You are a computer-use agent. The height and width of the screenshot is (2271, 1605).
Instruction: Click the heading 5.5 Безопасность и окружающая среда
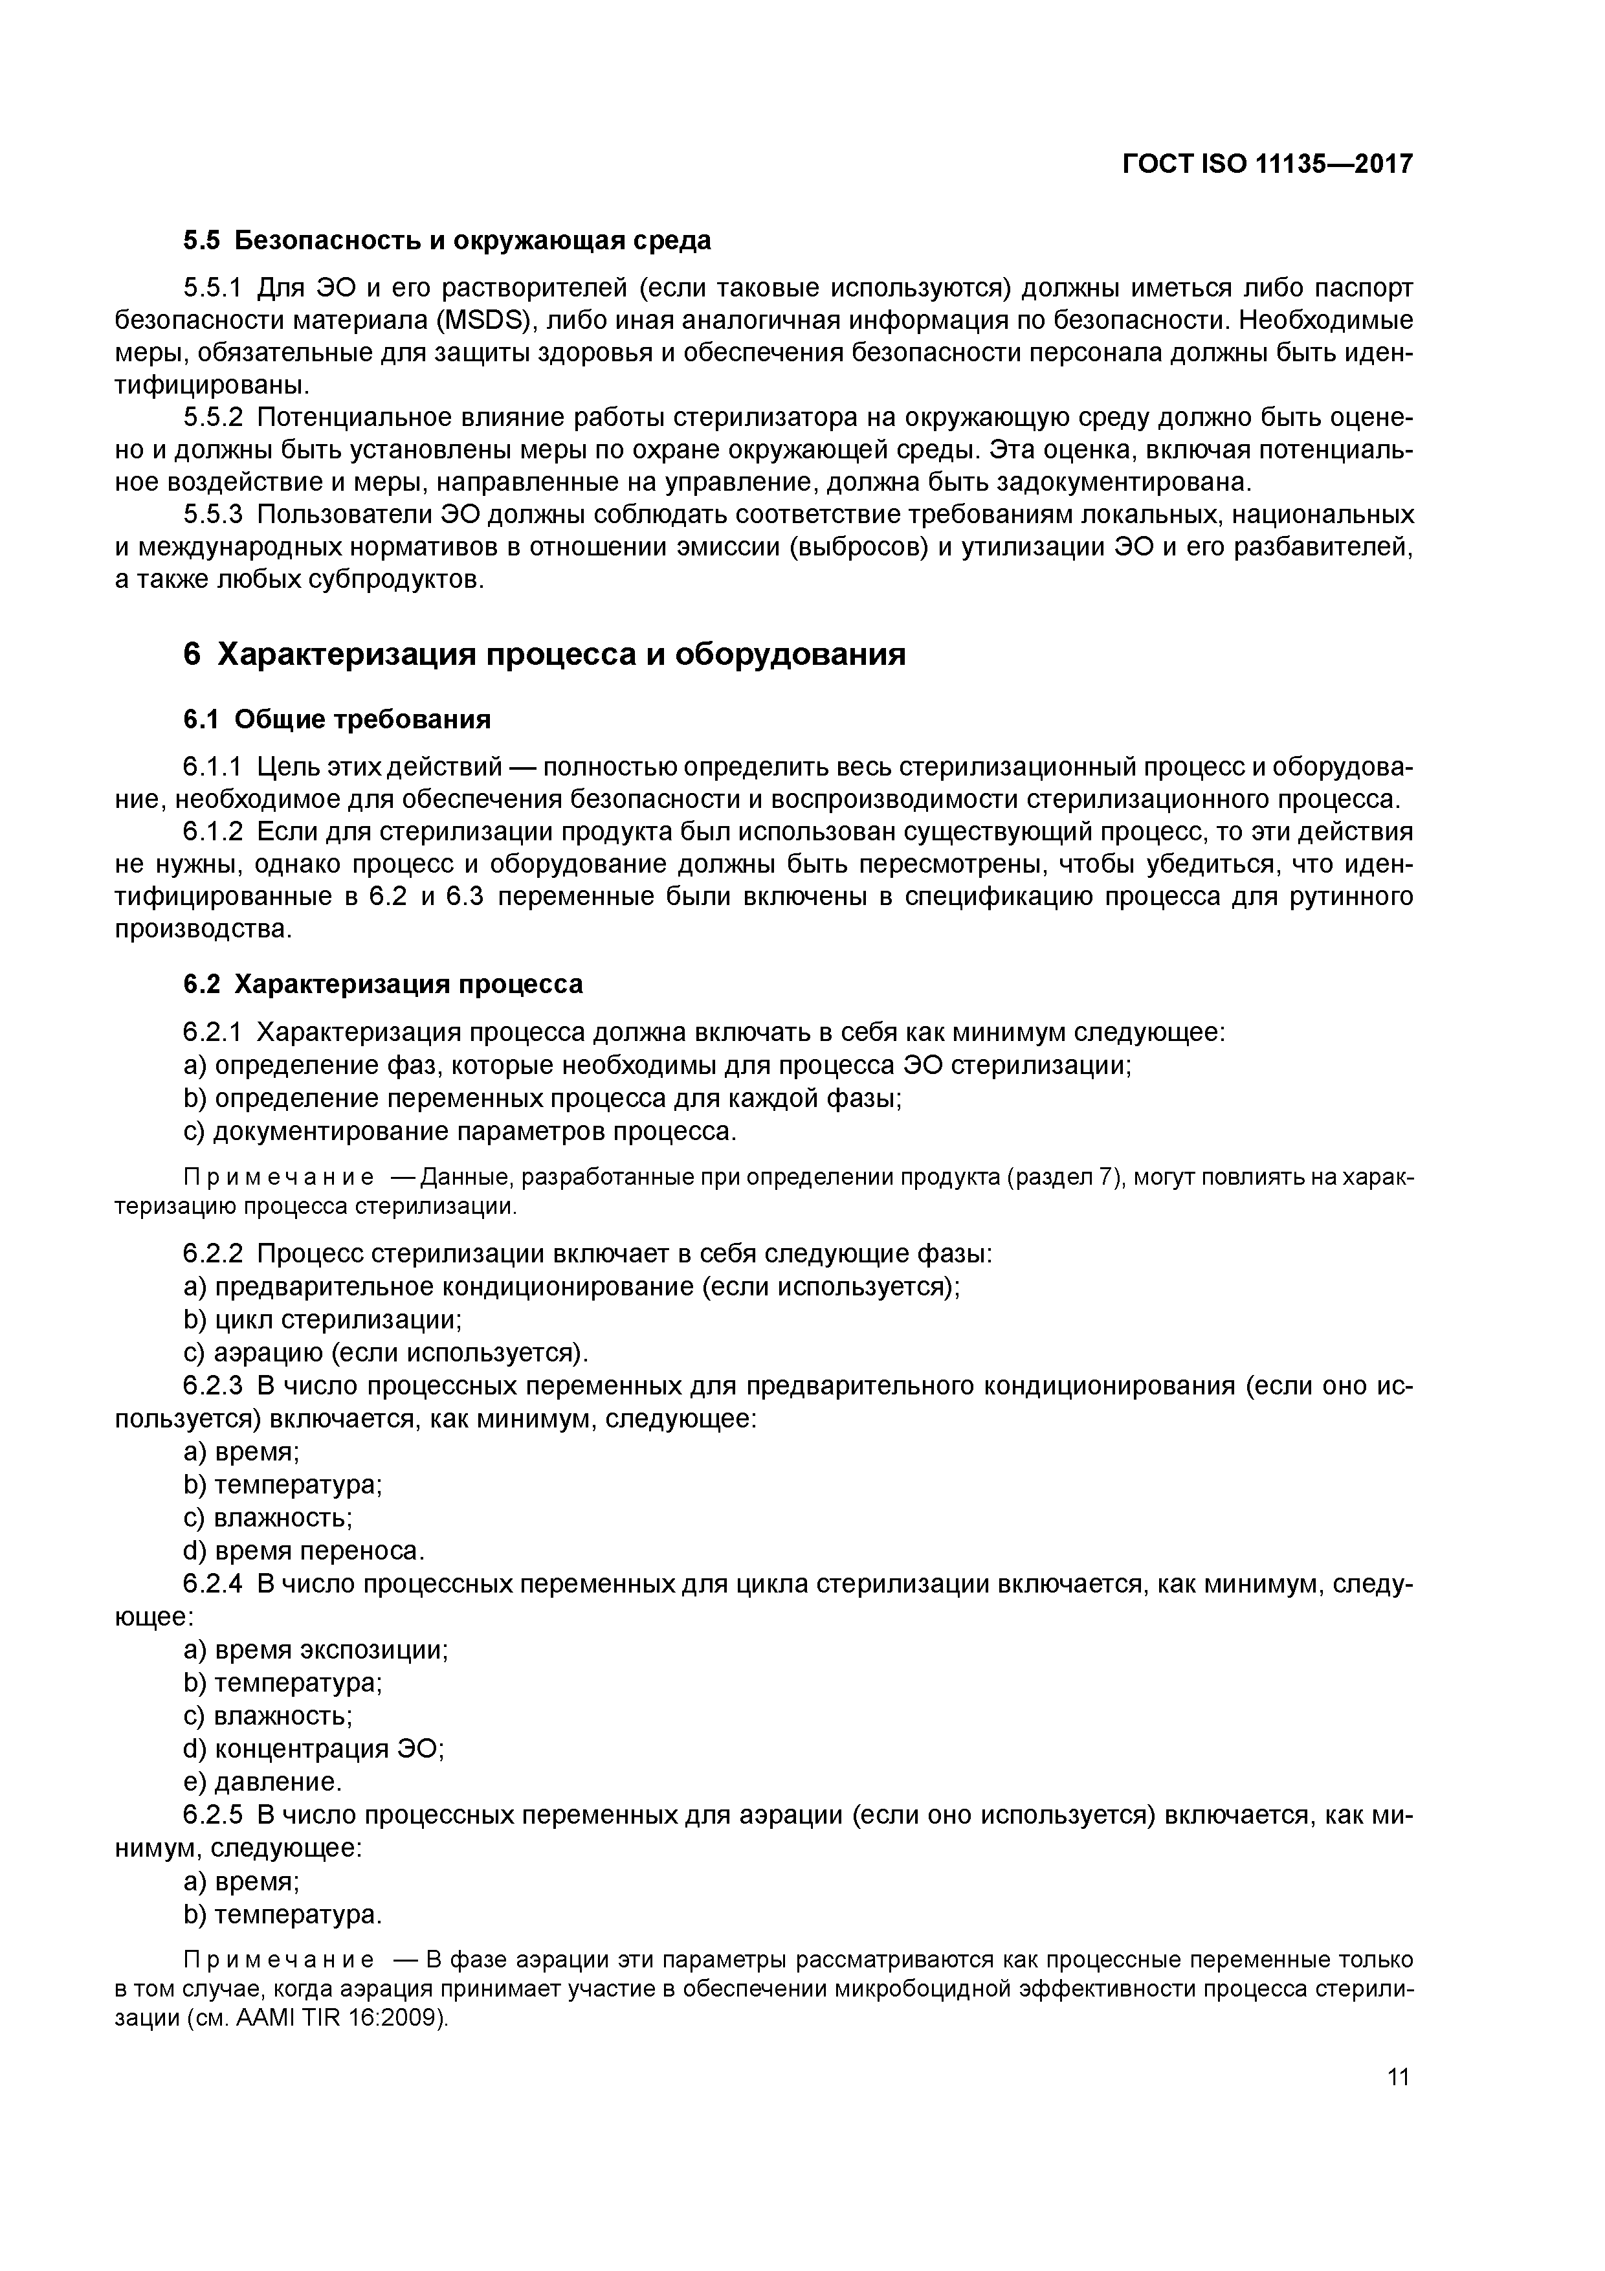447,240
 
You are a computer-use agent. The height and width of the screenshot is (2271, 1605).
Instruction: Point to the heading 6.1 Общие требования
337,719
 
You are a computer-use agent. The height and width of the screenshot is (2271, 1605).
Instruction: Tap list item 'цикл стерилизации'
337,1319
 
